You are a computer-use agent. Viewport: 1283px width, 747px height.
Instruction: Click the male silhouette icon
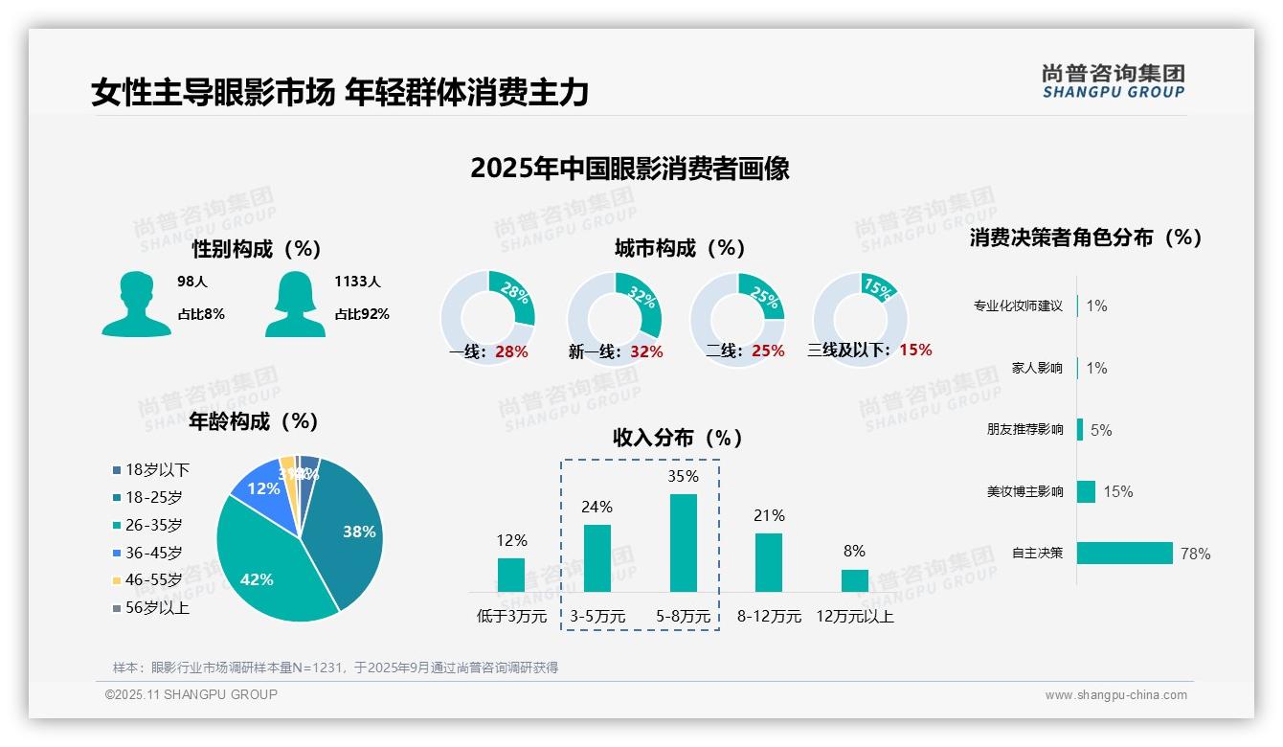pyautogui.click(x=136, y=305)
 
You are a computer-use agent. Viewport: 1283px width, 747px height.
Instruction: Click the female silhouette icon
pyautogui.click(x=295, y=305)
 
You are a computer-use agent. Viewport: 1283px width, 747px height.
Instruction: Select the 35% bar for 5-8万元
pyautogui.click(x=683, y=543)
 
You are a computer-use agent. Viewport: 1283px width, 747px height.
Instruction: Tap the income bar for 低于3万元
pyautogui.click(x=511, y=575)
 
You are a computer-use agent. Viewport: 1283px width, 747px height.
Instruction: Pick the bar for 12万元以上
pyautogui.click(x=854, y=580)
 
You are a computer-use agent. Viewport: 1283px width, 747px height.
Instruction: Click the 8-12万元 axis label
pyautogui.click(x=769, y=617)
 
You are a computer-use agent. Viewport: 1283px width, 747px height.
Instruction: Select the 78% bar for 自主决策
pyautogui.click(x=1125, y=554)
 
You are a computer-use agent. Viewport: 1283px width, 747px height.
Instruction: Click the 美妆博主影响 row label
pyautogui.click(x=1024, y=491)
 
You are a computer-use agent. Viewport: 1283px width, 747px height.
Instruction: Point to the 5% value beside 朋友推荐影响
pyautogui.click(x=1101, y=430)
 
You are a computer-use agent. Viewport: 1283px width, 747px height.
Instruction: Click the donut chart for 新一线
pyautogui.click(x=614, y=318)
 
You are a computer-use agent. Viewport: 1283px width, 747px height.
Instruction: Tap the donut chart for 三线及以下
pyautogui.click(x=860, y=318)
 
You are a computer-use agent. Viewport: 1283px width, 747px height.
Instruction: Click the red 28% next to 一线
pyautogui.click(x=511, y=351)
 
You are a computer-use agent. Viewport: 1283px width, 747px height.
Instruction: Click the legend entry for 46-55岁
pyautogui.click(x=147, y=580)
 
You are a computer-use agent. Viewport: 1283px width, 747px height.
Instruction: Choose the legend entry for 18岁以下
pyautogui.click(x=151, y=470)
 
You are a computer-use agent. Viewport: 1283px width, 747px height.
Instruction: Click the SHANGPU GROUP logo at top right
pyautogui.click(x=1113, y=81)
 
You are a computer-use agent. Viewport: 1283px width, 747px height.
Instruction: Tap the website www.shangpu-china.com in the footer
pyautogui.click(x=1115, y=695)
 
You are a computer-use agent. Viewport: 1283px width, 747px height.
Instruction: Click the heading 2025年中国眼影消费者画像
pyautogui.click(x=629, y=169)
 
